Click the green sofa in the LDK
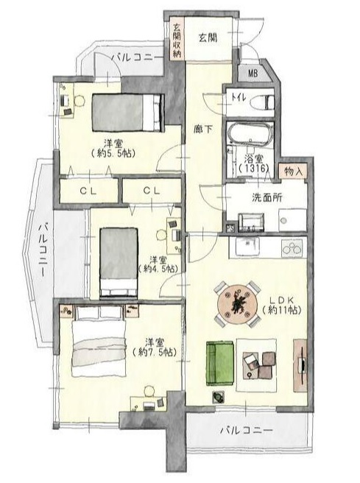point(219,362)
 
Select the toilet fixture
point(262,102)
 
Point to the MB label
point(253,74)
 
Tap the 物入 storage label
point(293,171)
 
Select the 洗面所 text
point(267,197)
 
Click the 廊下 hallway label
point(203,129)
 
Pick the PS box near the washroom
point(230,228)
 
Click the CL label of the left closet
point(88,191)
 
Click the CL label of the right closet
point(152,191)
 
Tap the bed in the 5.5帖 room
point(127,112)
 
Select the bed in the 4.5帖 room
point(119,263)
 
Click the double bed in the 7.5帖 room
point(99,341)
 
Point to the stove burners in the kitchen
point(292,247)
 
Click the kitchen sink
point(247,247)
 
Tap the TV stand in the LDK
point(300,365)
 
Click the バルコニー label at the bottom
point(247,430)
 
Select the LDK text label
point(282,300)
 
